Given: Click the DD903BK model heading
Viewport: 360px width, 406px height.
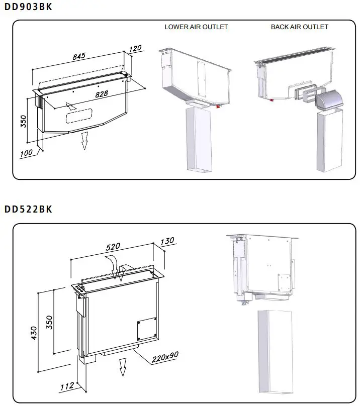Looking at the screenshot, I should [x=28, y=8].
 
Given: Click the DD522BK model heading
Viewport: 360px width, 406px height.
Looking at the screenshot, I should [x=28, y=209].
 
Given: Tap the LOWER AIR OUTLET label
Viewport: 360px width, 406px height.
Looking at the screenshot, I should [x=196, y=27].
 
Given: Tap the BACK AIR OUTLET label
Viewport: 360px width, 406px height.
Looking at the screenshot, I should [x=300, y=27].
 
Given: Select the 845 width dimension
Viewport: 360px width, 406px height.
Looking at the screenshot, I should [x=79, y=57].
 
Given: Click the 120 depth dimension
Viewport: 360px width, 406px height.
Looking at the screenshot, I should [x=135, y=49].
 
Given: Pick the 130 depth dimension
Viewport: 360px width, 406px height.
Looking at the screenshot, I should [x=167, y=241].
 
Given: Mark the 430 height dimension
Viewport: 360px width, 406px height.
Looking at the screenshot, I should [x=34, y=332].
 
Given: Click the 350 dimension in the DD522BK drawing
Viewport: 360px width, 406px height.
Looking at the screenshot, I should [x=49, y=322].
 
